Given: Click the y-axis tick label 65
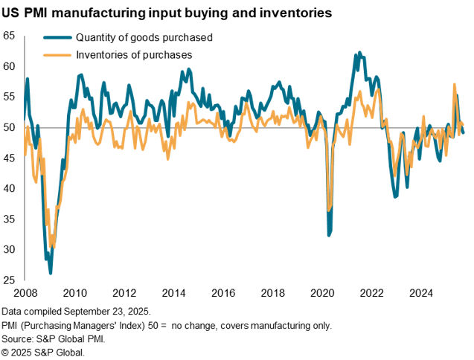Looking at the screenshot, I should click(10, 35).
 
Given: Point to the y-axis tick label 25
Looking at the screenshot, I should click(10, 280).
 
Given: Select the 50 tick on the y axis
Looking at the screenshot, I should click(10, 127).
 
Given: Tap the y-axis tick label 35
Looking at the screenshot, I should click(10, 219).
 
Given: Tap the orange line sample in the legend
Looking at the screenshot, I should click(57, 54).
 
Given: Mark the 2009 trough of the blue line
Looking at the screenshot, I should click(51, 273).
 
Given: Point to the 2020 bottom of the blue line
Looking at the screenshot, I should click(329, 236).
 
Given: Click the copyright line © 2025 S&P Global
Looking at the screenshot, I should click(43, 352).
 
